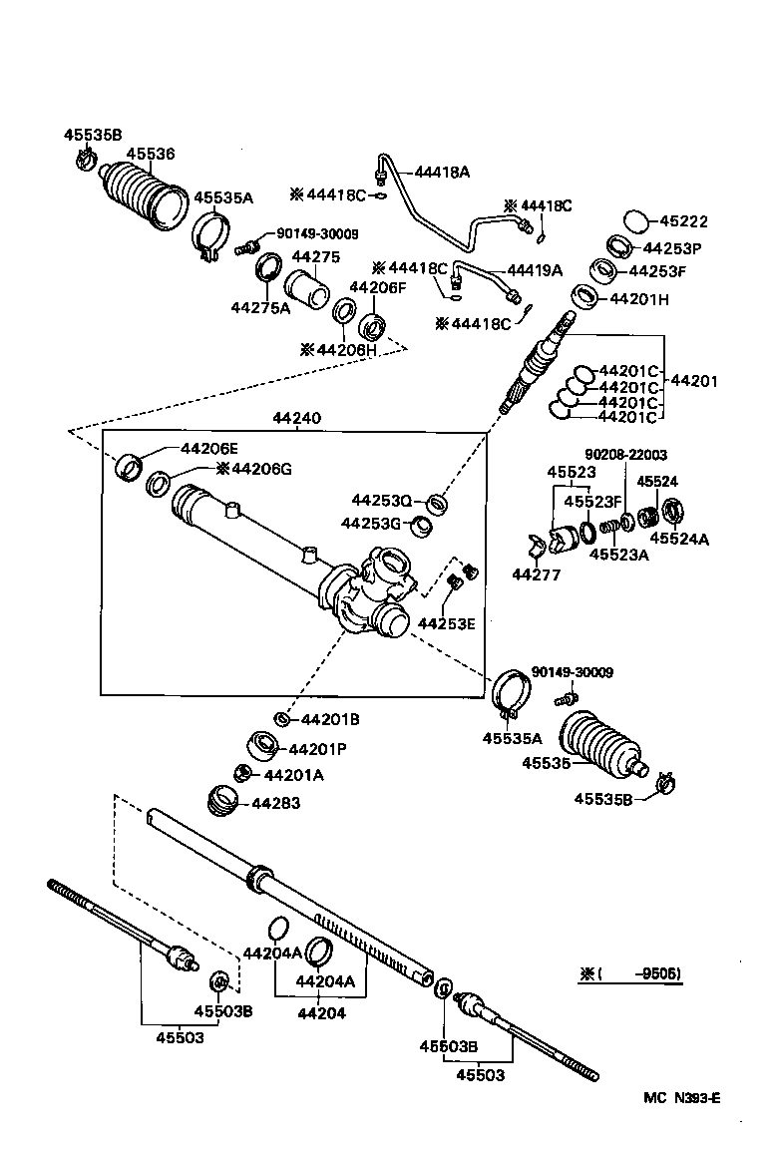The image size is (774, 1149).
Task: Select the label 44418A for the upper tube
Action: pos(441,172)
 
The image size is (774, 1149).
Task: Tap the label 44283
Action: pos(275,803)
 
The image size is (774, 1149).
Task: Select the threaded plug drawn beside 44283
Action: pos(221,800)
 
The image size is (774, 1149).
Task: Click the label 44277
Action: pos(537,574)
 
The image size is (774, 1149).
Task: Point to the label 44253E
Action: pos(446,623)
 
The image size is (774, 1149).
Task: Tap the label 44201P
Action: pos(318,749)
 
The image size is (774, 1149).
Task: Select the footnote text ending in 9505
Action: pos(631,973)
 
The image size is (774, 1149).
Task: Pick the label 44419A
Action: pos(535,270)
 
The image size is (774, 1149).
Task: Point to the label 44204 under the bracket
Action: pos(321,1013)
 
